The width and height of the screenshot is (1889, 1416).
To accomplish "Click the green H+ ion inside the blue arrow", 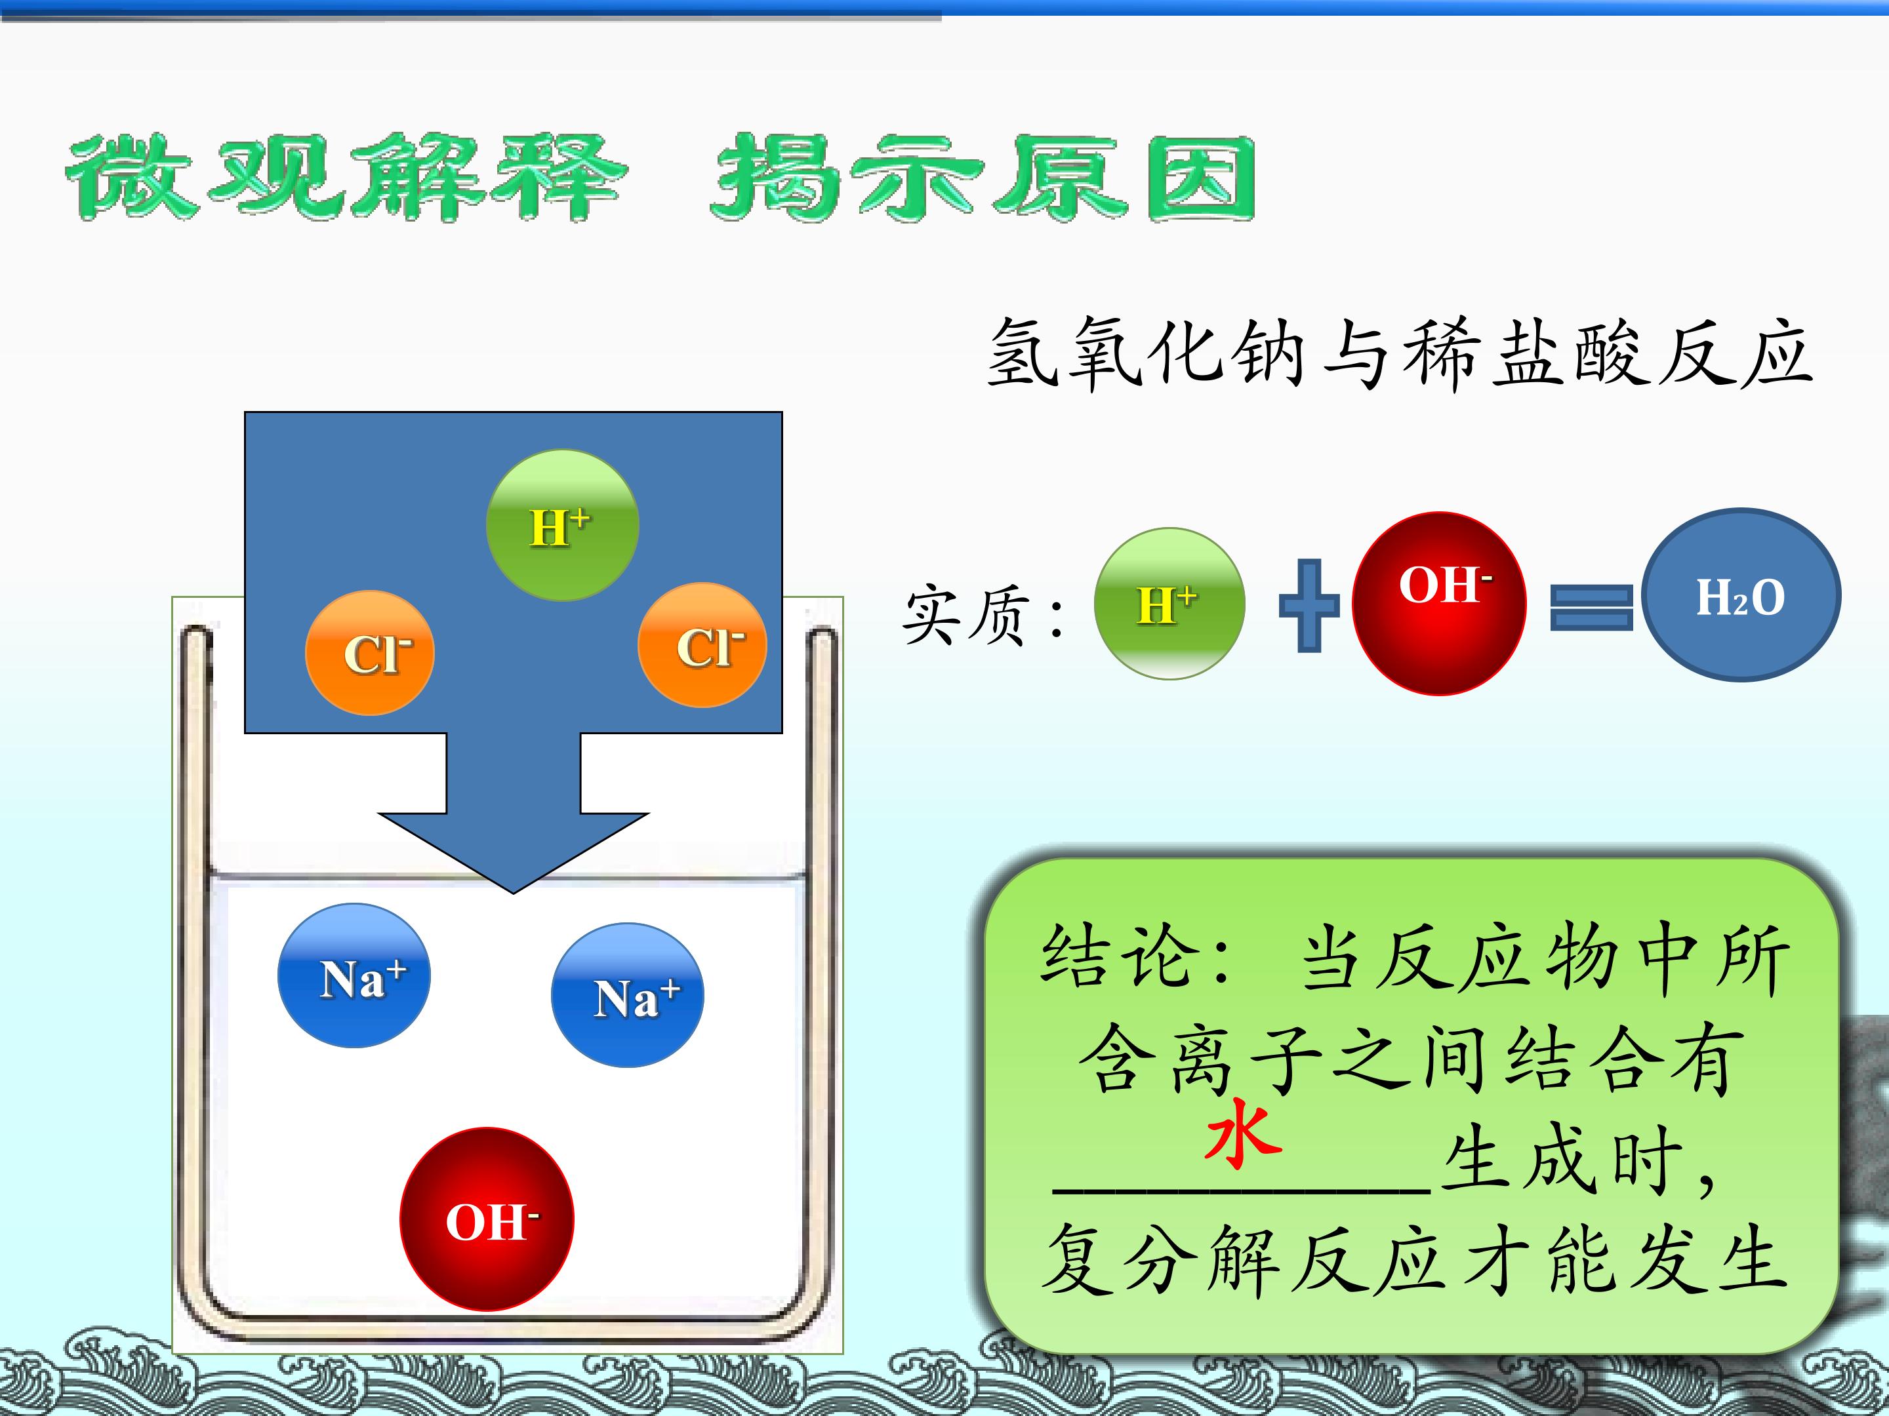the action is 562,526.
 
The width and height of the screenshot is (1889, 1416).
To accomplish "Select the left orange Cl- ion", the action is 370,653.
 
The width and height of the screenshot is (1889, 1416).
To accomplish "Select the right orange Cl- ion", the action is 702,645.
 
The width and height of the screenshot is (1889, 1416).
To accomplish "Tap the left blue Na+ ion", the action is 354,975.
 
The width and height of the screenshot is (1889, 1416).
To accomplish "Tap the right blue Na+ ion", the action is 628,995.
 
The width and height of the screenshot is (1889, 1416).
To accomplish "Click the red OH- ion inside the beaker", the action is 487,1219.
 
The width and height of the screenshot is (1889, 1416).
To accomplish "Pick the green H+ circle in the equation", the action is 1169,604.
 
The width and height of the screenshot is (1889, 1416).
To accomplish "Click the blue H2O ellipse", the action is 1741,595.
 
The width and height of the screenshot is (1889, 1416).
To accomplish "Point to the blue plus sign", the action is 1309,606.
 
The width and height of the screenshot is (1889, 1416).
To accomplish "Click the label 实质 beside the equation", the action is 965,614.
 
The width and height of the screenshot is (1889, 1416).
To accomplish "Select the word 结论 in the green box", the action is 1114,957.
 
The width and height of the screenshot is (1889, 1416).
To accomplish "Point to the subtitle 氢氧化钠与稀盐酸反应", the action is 1399,353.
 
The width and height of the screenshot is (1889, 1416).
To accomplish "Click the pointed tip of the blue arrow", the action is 513,893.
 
